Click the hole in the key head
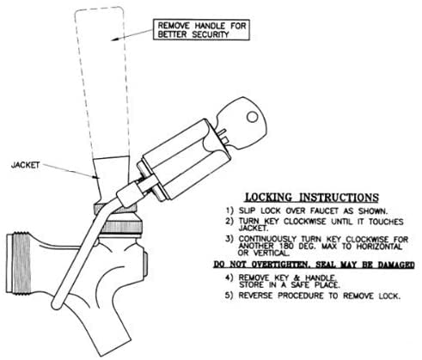[253, 117]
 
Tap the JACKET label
[25, 165]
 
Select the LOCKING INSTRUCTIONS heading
[312, 198]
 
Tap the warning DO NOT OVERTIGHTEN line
[314, 265]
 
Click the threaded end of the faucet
[18, 263]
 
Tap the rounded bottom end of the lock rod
[57, 305]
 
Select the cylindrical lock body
[184, 160]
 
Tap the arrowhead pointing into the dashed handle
[114, 39]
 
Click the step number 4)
[229, 278]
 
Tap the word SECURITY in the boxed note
[211, 35]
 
